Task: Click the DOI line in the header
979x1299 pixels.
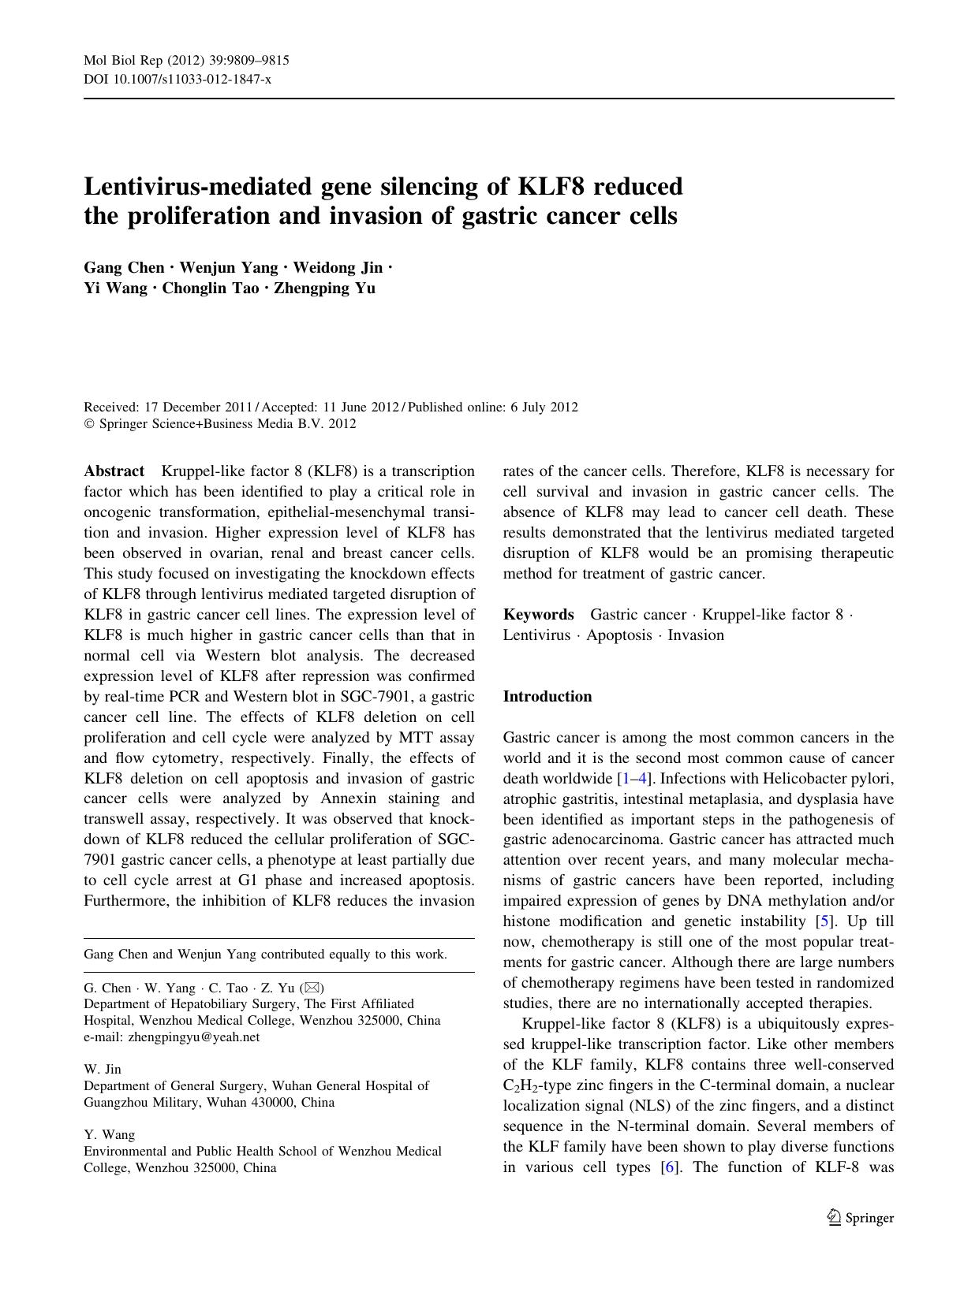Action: tap(177, 80)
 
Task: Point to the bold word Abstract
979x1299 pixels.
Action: tap(114, 471)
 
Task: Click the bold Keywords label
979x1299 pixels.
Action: tap(539, 615)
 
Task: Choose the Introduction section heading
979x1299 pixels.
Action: tap(547, 697)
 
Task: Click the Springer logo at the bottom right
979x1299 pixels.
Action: tap(861, 1218)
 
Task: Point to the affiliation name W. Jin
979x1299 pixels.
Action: tap(103, 1070)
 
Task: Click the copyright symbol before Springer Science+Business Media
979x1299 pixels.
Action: tap(88, 424)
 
